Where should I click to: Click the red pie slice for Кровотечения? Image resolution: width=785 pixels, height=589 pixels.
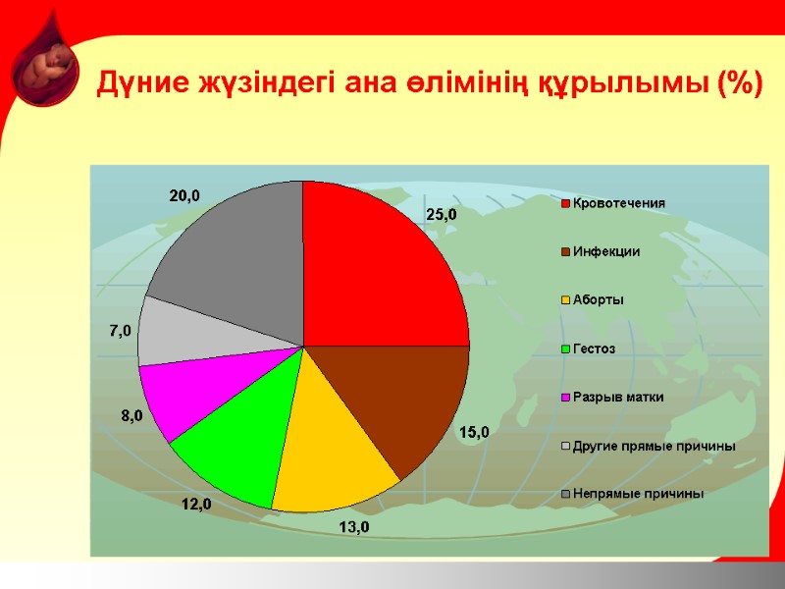[383, 265]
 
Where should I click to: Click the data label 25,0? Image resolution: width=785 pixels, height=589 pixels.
[441, 213]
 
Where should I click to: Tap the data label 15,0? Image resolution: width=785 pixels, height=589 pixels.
[474, 431]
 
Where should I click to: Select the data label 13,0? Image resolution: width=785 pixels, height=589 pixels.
[354, 527]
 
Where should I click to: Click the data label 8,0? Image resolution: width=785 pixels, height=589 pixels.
[131, 415]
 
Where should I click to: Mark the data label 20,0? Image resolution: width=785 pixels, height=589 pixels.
[184, 195]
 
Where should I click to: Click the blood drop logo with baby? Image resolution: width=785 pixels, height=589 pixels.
[46, 64]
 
